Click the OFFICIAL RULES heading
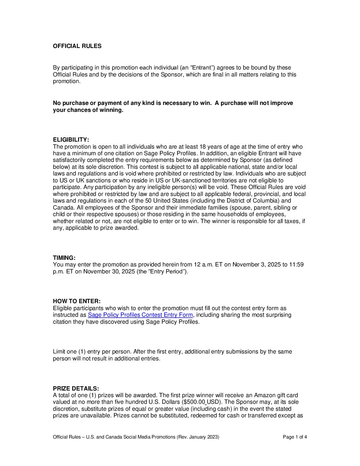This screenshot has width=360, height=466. click(77, 46)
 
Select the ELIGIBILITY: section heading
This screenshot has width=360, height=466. click(71, 140)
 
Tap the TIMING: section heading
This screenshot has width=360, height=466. click(64, 258)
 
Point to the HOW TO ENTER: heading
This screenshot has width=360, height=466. click(77, 301)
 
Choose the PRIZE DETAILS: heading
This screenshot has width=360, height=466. click(76, 389)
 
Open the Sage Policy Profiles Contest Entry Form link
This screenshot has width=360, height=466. click(140, 315)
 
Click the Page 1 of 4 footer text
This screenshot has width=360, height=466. click(295, 437)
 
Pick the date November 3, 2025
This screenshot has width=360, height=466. click(256, 264)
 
